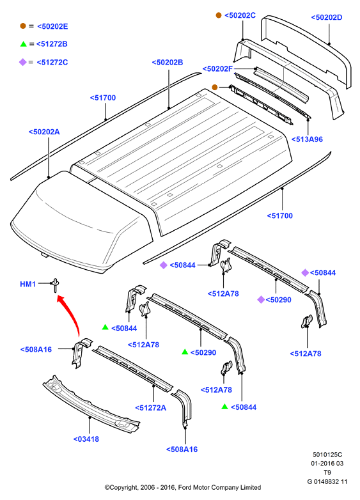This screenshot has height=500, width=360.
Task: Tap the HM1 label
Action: [x=27, y=284]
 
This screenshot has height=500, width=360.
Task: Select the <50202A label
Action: [x=44, y=132]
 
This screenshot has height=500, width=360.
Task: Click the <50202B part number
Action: [x=168, y=62]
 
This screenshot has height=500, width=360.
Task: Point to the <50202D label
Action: [x=327, y=17]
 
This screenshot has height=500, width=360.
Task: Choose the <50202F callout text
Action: [x=217, y=68]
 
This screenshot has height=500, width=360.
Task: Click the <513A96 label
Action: [x=307, y=139]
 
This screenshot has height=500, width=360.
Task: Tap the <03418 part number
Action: [x=86, y=439]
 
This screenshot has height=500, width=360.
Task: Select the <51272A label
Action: [x=150, y=408]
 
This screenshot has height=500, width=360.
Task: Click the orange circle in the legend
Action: [x=23, y=26]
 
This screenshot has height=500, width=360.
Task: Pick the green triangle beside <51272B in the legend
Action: [x=23, y=44]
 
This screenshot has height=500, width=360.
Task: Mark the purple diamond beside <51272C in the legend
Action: [x=22, y=62]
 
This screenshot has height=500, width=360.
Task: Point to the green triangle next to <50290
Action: [x=185, y=352]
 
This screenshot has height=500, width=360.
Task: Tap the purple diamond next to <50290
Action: [x=261, y=299]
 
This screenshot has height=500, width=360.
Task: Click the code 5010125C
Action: [x=327, y=455]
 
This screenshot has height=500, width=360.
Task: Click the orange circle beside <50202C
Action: [x=219, y=15]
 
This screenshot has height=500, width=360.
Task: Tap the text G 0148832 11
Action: [x=327, y=481]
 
